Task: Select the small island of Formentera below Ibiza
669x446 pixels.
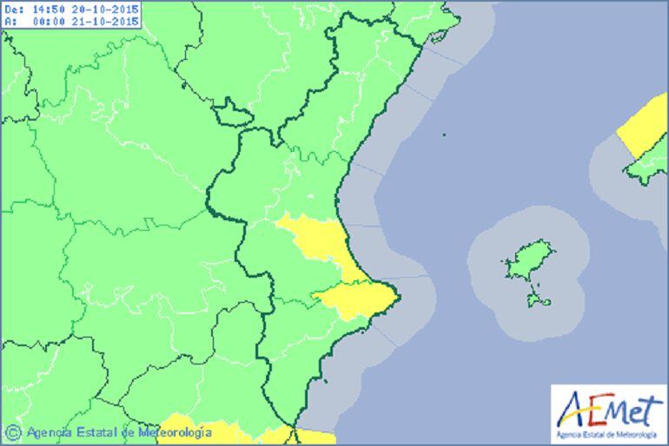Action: coord(539,301)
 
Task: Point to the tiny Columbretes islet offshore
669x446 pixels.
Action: coord(443,135)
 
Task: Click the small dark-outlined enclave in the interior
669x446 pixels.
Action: coord(232,112)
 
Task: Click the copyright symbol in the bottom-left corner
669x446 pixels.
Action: coord(12,431)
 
